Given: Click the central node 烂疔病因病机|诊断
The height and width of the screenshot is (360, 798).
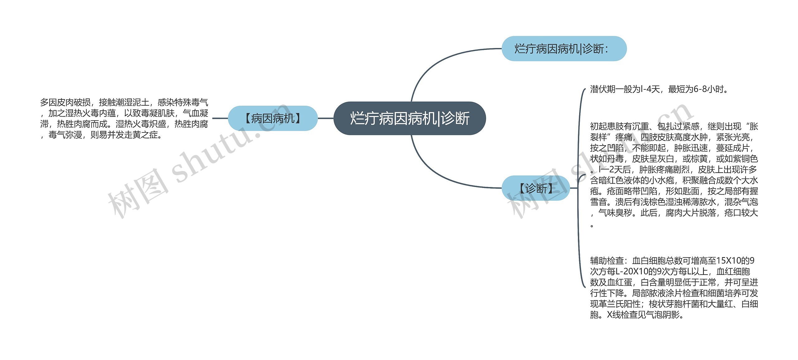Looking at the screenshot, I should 409,118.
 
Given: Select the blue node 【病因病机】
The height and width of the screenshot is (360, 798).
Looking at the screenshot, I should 272,118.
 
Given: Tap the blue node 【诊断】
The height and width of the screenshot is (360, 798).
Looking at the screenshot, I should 536,188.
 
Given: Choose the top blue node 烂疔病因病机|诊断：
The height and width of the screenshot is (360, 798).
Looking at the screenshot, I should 564,49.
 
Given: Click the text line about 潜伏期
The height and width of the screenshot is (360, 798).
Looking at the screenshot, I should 659,89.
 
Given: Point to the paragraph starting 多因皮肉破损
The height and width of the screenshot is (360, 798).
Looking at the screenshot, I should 124,118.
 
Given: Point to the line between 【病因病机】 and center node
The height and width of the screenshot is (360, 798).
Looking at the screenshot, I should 325,118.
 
